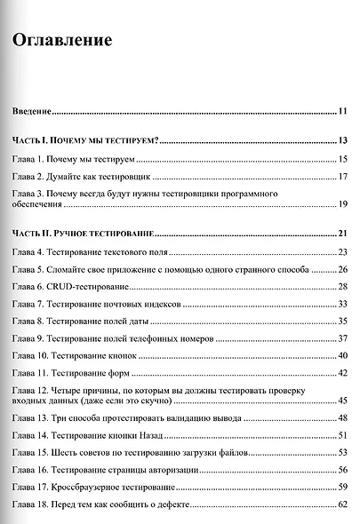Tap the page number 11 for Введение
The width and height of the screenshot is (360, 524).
(342, 112)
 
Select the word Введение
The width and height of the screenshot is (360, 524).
(30, 112)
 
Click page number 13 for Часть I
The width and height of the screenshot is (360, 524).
(342, 141)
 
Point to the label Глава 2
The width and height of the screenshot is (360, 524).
(28, 176)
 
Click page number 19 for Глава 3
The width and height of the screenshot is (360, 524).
(342, 205)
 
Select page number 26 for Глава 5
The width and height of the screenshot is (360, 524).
(342, 269)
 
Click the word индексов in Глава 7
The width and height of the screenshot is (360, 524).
(159, 304)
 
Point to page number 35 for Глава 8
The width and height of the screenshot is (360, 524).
(342, 321)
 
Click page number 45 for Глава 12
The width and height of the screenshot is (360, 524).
(342, 401)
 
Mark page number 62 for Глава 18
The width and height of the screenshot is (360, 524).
(342, 505)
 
